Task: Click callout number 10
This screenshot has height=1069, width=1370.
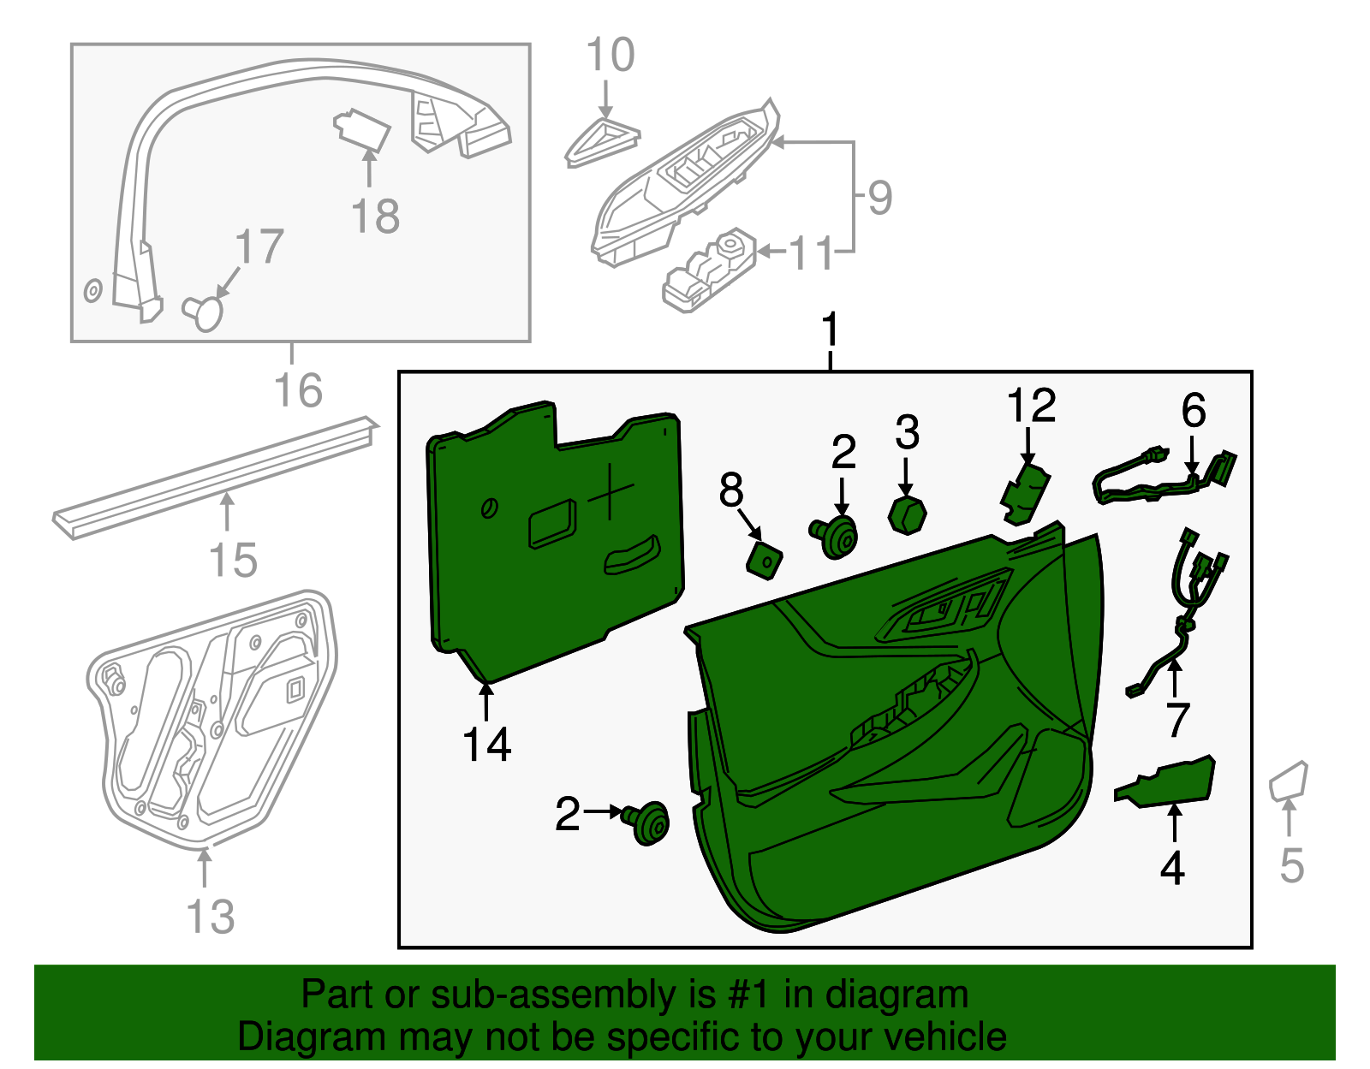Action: [610, 56]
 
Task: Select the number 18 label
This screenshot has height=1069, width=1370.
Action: [375, 217]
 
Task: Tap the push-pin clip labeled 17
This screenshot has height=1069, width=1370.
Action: [204, 312]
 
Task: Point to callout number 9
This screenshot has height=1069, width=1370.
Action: [879, 198]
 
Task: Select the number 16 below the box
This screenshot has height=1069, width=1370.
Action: [298, 390]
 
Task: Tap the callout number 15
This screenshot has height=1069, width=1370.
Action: [233, 561]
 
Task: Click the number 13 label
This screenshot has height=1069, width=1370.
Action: [211, 917]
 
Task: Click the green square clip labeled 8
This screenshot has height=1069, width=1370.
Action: [764, 560]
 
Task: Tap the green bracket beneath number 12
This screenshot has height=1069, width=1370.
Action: [1026, 495]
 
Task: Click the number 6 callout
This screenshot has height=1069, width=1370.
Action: [1194, 411]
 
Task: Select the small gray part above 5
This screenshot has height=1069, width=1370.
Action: [1289, 780]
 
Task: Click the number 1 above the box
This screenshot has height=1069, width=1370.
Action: [829, 330]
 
